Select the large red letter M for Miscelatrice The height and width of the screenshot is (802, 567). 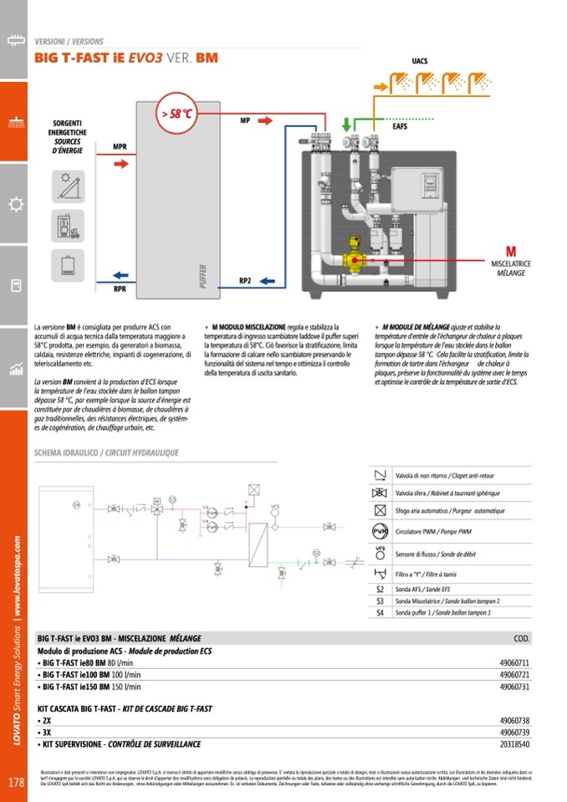(511, 252)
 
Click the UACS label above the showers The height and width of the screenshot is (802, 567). (421, 61)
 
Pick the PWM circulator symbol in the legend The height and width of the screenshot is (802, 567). (380, 532)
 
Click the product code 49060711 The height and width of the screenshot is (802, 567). (514, 662)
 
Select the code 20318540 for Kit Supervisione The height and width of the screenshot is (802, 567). (514, 743)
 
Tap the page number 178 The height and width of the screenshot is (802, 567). (15, 783)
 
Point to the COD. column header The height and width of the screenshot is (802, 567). (520, 639)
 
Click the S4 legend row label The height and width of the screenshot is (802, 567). (380, 612)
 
